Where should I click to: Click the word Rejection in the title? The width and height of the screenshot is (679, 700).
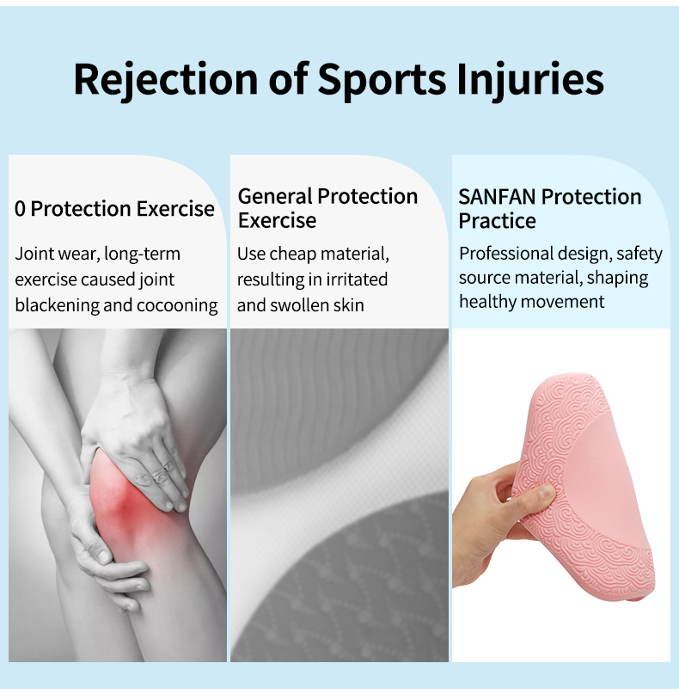click(166, 79)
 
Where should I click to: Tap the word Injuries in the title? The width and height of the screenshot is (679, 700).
click(530, 79)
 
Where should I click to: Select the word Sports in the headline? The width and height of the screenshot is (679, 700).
click(382, 80)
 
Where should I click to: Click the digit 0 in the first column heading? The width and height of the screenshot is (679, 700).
click(20, 209)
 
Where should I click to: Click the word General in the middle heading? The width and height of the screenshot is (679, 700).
click(275, 196)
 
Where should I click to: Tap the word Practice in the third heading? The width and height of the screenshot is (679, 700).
click(497, 221)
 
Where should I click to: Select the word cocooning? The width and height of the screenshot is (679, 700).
click(177, 305)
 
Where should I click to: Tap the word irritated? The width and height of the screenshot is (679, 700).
click(357, 279)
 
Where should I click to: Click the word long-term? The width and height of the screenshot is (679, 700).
click(143, 254)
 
